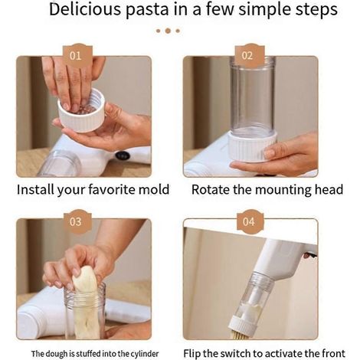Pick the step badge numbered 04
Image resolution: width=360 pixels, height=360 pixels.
pyautogui.click(x=249, y=221)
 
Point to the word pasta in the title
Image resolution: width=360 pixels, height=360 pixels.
pyautogui.click(x=148, y=10)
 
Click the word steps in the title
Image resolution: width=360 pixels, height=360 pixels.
pyautogui.click(x=317, y=11)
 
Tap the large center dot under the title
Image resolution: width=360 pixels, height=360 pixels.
pyautogui.click(x=168, y=31)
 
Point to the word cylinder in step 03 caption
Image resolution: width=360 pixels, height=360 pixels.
pyautogui.click(x=145, y=354)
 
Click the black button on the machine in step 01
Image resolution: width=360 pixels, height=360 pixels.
pyautogui.click(x=123, y=155)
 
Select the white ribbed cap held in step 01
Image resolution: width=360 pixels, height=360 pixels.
pyautogui.click(x=82, y=112)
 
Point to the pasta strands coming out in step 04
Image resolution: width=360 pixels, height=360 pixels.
pyautogui.click(x=239, y=334)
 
